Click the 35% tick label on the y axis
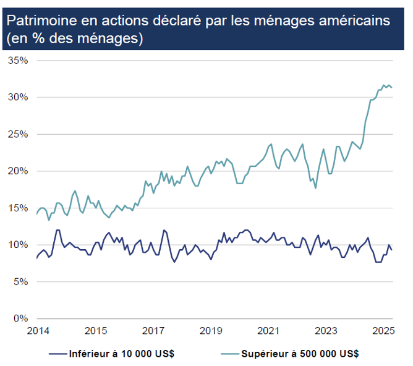pyautogui.click(x=18, y=60)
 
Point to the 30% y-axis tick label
pyautogui.click(x=18, y=97)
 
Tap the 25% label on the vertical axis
pyautogui.click(x=18, y=134)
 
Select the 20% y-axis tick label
pyautogui.click(x=18, y=171)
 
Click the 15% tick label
pyautogui.click(x=18, y=208)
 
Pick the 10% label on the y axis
pyautogui.click(x=18, y=245)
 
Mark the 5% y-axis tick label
pyautogui.click(x=20, y=281)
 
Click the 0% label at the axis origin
pyautogui.click(x=20, y=318)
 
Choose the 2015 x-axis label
pyautogui.click(x=93, y=331)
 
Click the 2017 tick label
pyautogui.click(x=153, y=331)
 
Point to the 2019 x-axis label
pyautogui.click(x=211, y=331)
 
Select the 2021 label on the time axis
pyautogui.click(x=269, y=331)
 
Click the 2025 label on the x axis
pyautogui.click(x=384, y=331)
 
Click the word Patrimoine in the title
pyautogui.click(x=38, y=20)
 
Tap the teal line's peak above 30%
pyautogui.click(x=384, y=85)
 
